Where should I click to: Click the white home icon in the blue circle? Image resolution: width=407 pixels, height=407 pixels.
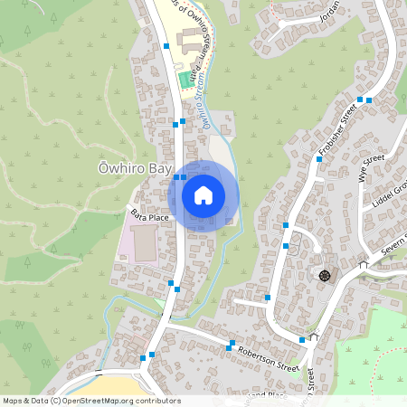(x=203, y=195)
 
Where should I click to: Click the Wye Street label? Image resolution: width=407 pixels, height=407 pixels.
(x=372, y=167)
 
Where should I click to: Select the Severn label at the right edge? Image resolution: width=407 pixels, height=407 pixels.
(x=393, y=240)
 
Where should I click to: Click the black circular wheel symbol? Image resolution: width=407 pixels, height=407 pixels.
(x=324, y=275)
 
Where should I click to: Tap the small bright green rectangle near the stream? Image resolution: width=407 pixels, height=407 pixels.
(x=185, y=80)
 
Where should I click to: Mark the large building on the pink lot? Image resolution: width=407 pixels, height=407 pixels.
(x=143, y=241)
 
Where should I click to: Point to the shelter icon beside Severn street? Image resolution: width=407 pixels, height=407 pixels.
(x=364, y=266)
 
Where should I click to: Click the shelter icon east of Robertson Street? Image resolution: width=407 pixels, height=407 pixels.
(x=314, y=336)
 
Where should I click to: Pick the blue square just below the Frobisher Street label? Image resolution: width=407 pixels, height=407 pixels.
(x=318, y=158)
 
